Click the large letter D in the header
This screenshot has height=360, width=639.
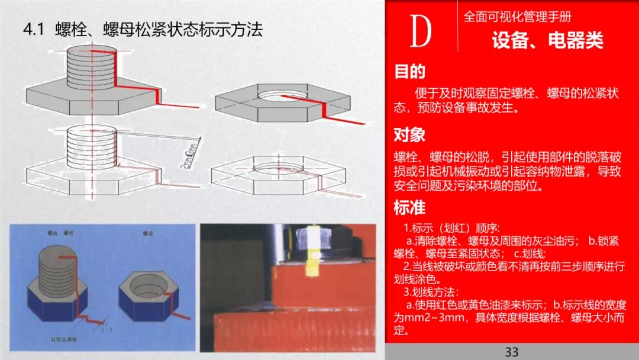click(420, 33)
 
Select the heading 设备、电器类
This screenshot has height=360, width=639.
click(547, 40)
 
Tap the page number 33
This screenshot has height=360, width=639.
click(512, 352)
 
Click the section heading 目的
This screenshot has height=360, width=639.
click(409, 72)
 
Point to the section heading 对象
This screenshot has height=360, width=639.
click(409, 135)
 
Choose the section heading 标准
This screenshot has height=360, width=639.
click(409, 208)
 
